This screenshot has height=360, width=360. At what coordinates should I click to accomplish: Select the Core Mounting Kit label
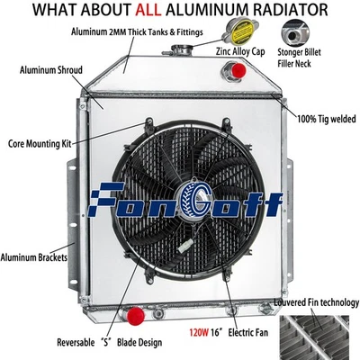pyautogui.click(x=41, y=141)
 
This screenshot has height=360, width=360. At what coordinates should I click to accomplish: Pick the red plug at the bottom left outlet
pyautogui.click(x=136, y=315)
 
